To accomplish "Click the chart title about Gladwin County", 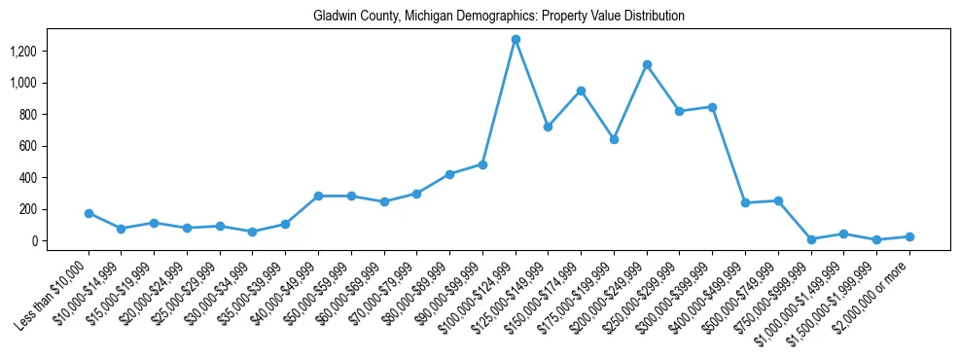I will coord(499,17).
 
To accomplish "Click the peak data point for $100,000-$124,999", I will coord(516,40).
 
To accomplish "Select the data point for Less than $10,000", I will coord(89,213).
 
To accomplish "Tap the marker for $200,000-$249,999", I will coord(647,65).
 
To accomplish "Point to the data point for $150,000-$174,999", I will coord(581,91).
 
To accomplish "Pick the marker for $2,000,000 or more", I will coord(909,236).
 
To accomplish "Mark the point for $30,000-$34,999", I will coord(253,232).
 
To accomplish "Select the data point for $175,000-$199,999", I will coord(614,139).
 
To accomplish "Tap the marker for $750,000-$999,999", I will coord(811,238).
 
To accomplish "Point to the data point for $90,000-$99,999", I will coord(482,164).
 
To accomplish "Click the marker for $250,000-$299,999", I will coord(680,111).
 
